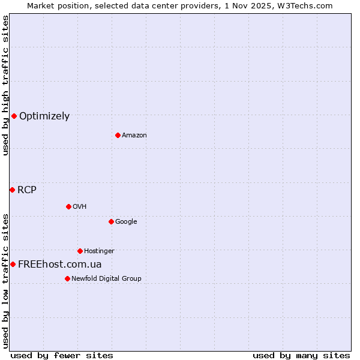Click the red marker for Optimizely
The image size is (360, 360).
14,116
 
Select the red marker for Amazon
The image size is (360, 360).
118,135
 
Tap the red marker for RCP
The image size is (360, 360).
12,190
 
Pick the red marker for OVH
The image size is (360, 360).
68,206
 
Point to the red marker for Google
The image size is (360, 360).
111,221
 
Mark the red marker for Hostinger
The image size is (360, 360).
80,251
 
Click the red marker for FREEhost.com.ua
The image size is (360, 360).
13,264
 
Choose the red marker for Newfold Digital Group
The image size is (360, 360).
67,278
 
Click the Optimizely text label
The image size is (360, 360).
44,116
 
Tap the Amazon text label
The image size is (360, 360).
134,136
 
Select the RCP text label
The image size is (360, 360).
27,190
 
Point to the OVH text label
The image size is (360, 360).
80,207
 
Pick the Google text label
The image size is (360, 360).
126,222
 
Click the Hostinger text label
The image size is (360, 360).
99,251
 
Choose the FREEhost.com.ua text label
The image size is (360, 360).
60,265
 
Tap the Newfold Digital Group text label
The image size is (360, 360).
106,279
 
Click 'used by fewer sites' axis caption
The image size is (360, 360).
62,356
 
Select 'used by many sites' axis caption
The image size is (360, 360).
301,356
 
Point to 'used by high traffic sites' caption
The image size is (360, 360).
5,85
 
